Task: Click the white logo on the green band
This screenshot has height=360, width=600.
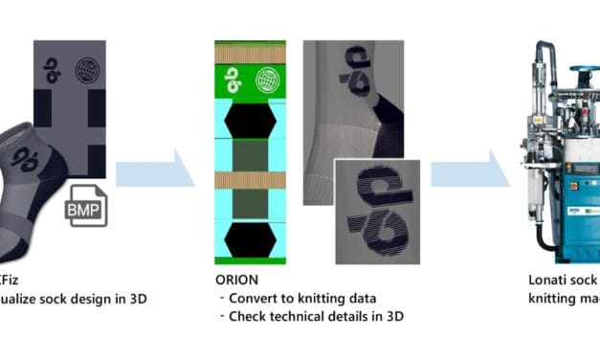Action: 233,80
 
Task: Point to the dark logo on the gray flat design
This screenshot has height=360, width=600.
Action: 56,72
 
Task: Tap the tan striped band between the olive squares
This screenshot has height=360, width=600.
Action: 250,178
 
